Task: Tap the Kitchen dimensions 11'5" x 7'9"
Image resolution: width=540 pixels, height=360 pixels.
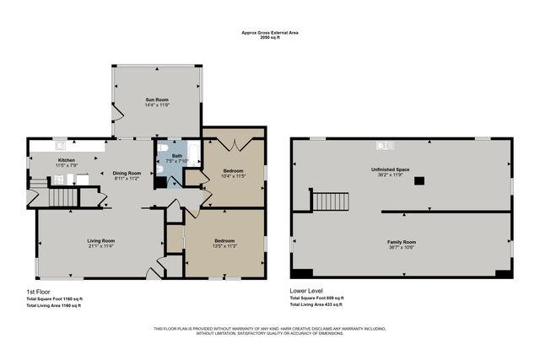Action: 67,165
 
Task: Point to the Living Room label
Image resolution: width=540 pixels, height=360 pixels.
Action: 100,241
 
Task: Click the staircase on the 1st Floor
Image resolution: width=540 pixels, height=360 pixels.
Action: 62,197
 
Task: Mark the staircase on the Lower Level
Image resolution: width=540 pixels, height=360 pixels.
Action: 331,201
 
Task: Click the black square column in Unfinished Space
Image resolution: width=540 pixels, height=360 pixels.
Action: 419,180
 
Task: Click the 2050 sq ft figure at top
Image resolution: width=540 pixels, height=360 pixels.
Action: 269,38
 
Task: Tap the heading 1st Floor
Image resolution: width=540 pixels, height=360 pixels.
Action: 38,291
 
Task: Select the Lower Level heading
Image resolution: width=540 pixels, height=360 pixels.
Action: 305,291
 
